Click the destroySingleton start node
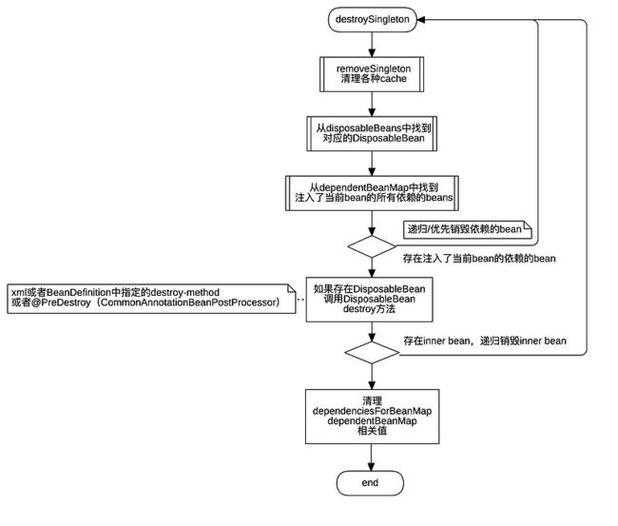tap(372, 19)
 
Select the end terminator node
tap(370, 483)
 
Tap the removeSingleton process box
tap(372, 74)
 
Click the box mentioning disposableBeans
tap(372, 134)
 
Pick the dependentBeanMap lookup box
tap(372, 193)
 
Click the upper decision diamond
tap(372, 247)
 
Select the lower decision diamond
tap(372, 353)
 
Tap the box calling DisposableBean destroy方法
tap(369, 300)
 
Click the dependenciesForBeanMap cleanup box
tap(372, 417)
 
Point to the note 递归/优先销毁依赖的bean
tap(468, 229)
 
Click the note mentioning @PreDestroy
tap(151, 299)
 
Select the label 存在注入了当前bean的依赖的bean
tap(479, 259)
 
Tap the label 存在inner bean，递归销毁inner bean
tap(485, 341)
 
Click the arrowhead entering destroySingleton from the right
tap(421, 20)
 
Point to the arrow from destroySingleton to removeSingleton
tap(372, 44)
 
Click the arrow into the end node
tap(371, 458)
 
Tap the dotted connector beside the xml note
tap(300, 300)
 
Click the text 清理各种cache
tap(374, 78)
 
